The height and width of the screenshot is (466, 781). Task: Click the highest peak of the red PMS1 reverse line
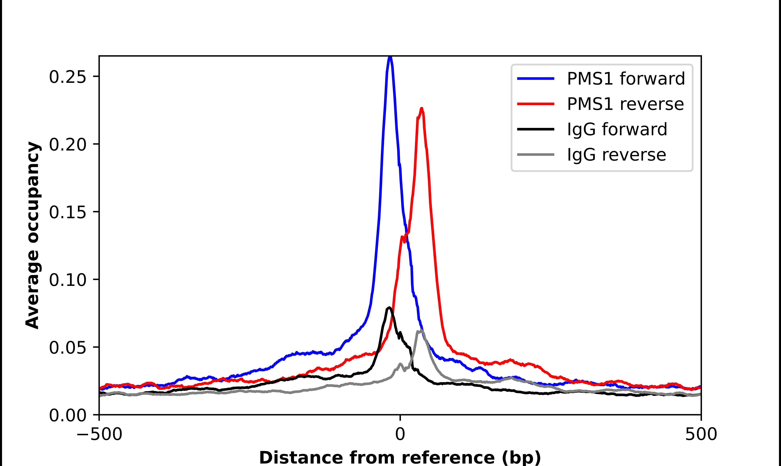click(422, 109)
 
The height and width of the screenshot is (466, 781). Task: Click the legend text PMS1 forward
click(626, 79)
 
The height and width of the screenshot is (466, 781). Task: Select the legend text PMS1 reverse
click(625, 104)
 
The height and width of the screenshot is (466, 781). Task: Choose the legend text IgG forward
click(617, 129)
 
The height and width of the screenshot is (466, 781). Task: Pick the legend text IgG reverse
click(616, 155)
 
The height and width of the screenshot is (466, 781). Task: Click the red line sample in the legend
click(536, 104)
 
